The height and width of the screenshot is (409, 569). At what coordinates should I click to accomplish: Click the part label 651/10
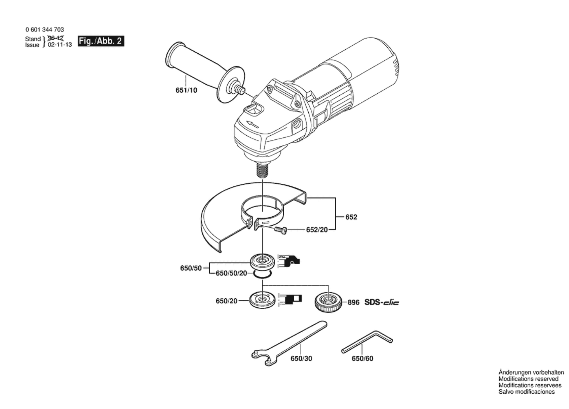coord(186,90)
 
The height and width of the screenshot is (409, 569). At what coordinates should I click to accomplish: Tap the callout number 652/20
coord(317,230)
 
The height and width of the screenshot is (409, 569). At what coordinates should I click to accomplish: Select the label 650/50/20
coord(231,273)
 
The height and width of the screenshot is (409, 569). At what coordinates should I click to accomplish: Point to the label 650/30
coord(301,358)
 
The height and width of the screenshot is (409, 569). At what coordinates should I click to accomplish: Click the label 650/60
coord(362,358)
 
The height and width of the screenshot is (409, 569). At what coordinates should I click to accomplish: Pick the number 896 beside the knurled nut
coord(353,303)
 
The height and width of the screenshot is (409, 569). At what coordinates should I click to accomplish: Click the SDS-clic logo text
coord(381,302)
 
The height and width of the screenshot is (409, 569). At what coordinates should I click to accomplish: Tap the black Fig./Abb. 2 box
coord(101,41)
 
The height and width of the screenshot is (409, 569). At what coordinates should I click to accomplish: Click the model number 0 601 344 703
coord(45,30)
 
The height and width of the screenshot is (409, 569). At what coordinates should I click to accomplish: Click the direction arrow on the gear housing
coord(253,124)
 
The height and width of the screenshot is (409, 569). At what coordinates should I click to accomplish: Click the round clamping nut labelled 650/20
coord(262,300)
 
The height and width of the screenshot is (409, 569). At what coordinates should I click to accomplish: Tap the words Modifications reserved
coord(528,379)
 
